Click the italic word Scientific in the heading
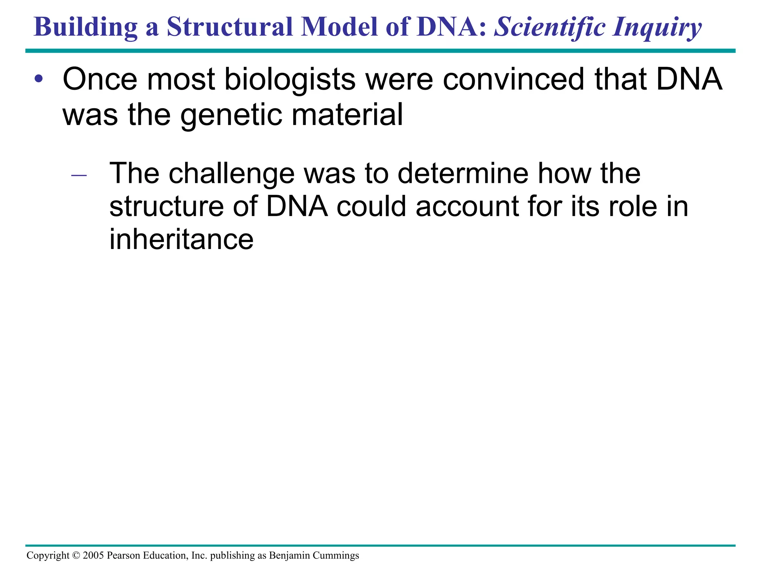tap(550, 28)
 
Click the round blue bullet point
tap(39, 79)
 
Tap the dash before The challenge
tap(79, 175)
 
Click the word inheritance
tap(181, 239)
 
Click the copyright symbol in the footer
tap(76, 555)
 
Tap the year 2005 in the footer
tap(93, 555)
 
